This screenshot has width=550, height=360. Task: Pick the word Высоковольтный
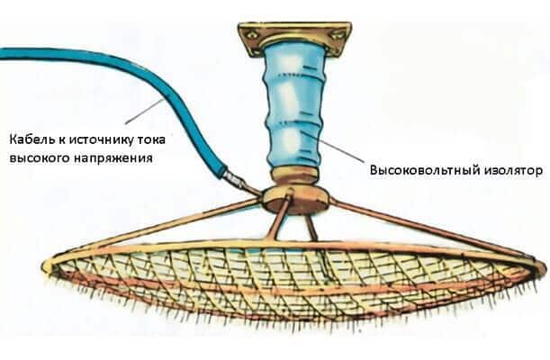[x=419, y=169]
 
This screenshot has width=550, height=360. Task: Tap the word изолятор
[x=509, y=169]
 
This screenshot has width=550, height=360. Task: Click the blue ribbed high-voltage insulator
[x=293, y=108]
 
